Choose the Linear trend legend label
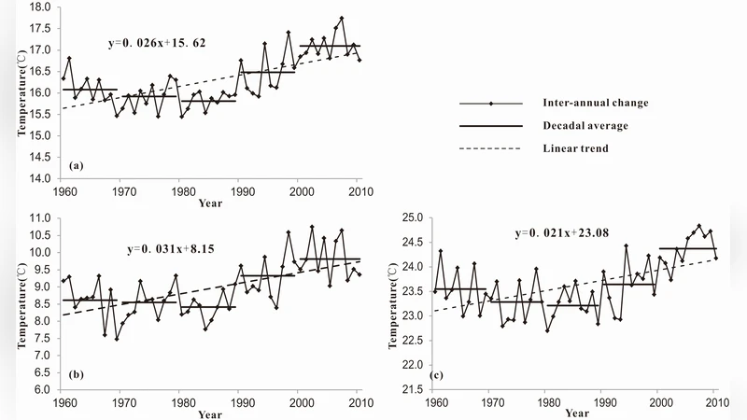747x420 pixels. tap(579, 147)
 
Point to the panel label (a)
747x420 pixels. tap(77, 165)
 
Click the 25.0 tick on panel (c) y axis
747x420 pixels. tap(414, 217)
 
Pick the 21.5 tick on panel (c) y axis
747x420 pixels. tap(414, 389)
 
